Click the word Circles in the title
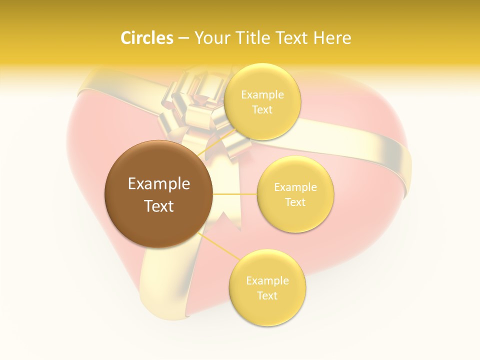coord(146,38)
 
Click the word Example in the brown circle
coord(159,184)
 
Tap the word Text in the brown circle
coord(159,206)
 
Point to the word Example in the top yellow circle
coord(262,95)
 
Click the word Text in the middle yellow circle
coord(295,202)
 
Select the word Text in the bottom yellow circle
coord(267,295)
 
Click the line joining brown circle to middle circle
coord(235,194)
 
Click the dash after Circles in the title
coord(183,38)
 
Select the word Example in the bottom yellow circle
coord(267,281)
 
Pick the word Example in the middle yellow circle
coord(295,187)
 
